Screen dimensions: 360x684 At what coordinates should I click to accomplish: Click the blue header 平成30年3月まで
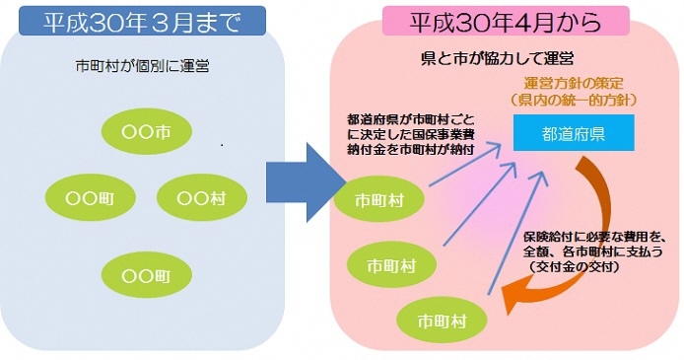(x=141, y=21)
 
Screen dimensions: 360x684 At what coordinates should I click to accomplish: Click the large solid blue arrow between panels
(x=302, y=178)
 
